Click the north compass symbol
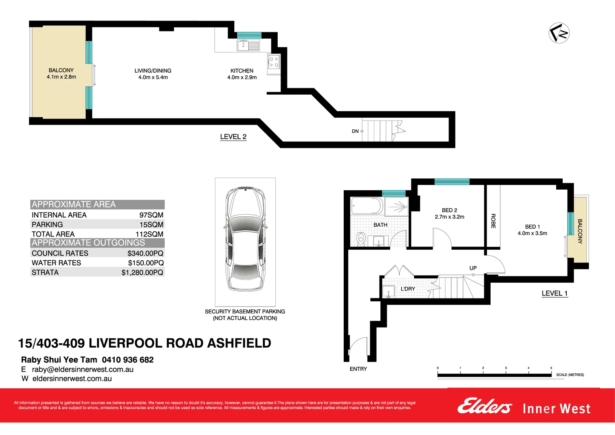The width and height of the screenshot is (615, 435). point(559,33)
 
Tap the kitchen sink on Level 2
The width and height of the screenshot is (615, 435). point(248,46)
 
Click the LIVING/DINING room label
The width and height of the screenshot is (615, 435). point(153,71)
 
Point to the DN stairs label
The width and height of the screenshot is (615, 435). point(355,131)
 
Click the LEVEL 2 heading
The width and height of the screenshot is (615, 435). point(233,137)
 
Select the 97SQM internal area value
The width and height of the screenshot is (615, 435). point(151,215)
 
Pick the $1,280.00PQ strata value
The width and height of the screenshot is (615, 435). point(142,273)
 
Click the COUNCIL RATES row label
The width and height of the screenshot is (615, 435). point(60,253)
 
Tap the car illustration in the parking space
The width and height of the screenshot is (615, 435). point(245,242)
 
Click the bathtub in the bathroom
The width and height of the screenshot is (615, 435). point(367,206)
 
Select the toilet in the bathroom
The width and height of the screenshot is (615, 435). point(361,238)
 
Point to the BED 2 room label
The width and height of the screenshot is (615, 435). point(449,210)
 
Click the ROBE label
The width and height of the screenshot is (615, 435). point(493,221)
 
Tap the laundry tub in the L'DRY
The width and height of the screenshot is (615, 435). point(389,291)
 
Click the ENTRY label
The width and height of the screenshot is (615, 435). point(358,369)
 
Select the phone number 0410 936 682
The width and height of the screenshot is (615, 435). point(128,360)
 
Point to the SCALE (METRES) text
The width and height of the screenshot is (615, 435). point(570,375)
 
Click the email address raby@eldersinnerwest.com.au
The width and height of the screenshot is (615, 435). point(83,369)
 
